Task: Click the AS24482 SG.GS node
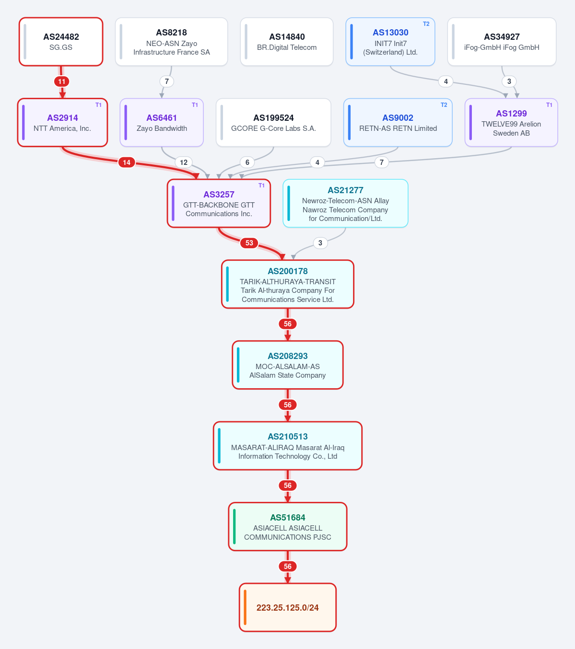pos(61,42)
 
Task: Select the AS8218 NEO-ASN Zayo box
pos(172,42)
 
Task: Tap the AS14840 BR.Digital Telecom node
pos(286,42)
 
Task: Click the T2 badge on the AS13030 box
pos(426,24)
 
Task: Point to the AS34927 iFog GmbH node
pos(502,42)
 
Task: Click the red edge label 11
pos(62,81)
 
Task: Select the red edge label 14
pos(127,162)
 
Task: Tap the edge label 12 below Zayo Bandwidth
pos(184,162)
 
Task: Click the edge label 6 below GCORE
pos(247,162)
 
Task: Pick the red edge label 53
pos(249,243)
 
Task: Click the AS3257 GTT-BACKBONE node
pos(219,203)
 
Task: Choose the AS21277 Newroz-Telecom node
pos(345,203)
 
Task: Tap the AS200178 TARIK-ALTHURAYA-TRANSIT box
pos(288,284)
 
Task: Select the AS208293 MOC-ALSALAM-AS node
pos(288,365)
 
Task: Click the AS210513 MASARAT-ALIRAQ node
pos(288,446)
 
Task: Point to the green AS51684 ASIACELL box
pos(288,527)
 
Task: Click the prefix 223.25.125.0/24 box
pos(288,607)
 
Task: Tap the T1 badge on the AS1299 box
pos(549,105)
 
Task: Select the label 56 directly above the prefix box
pos(288,567)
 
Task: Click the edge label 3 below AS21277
pos(320,243)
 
